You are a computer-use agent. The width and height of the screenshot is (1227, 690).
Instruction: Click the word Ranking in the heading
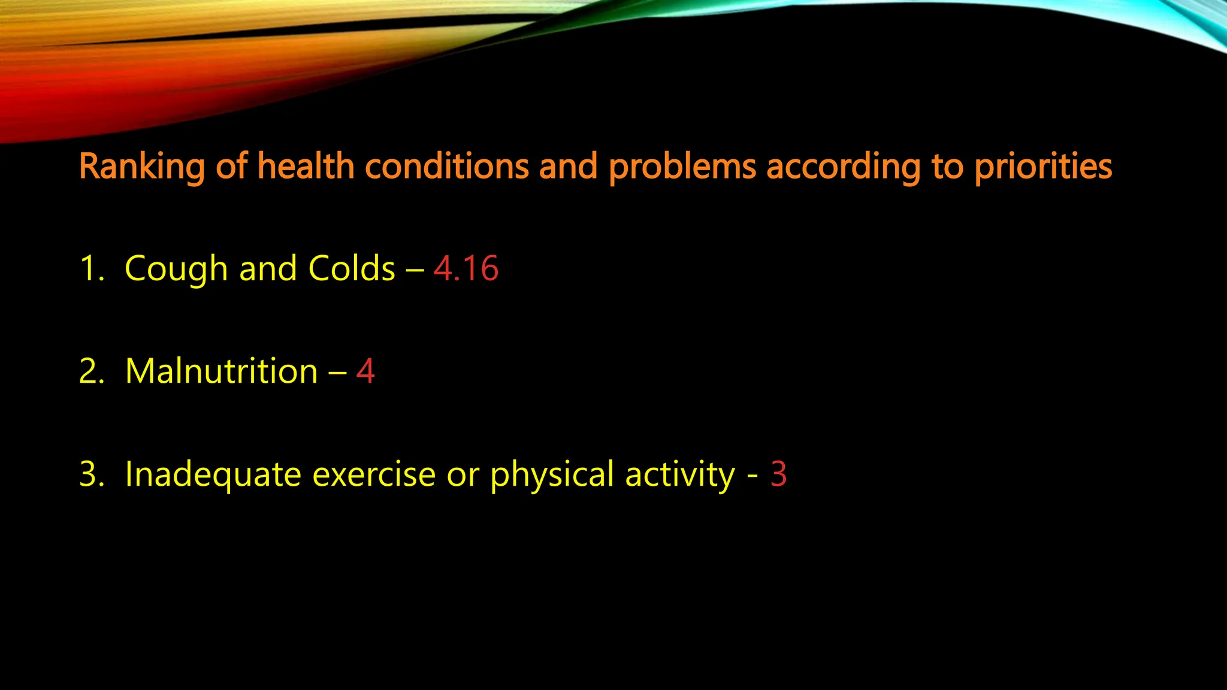[141, 167]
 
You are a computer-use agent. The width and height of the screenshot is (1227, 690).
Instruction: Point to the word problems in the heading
[682, 167]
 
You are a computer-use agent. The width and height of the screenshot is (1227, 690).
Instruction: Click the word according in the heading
[843, 167]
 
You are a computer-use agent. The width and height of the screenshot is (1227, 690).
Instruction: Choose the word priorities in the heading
[1043, 167]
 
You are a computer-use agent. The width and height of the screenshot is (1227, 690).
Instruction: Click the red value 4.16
[466, 268]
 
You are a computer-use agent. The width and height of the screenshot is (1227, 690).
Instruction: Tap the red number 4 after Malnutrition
[365, 371]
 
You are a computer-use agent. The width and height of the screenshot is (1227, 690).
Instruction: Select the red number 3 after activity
[778, 474]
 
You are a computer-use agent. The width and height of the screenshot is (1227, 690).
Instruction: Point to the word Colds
[352, 268]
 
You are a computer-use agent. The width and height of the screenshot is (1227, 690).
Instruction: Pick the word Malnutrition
[222, 371]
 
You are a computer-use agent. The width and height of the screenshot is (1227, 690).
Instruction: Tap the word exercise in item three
[374, 474]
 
